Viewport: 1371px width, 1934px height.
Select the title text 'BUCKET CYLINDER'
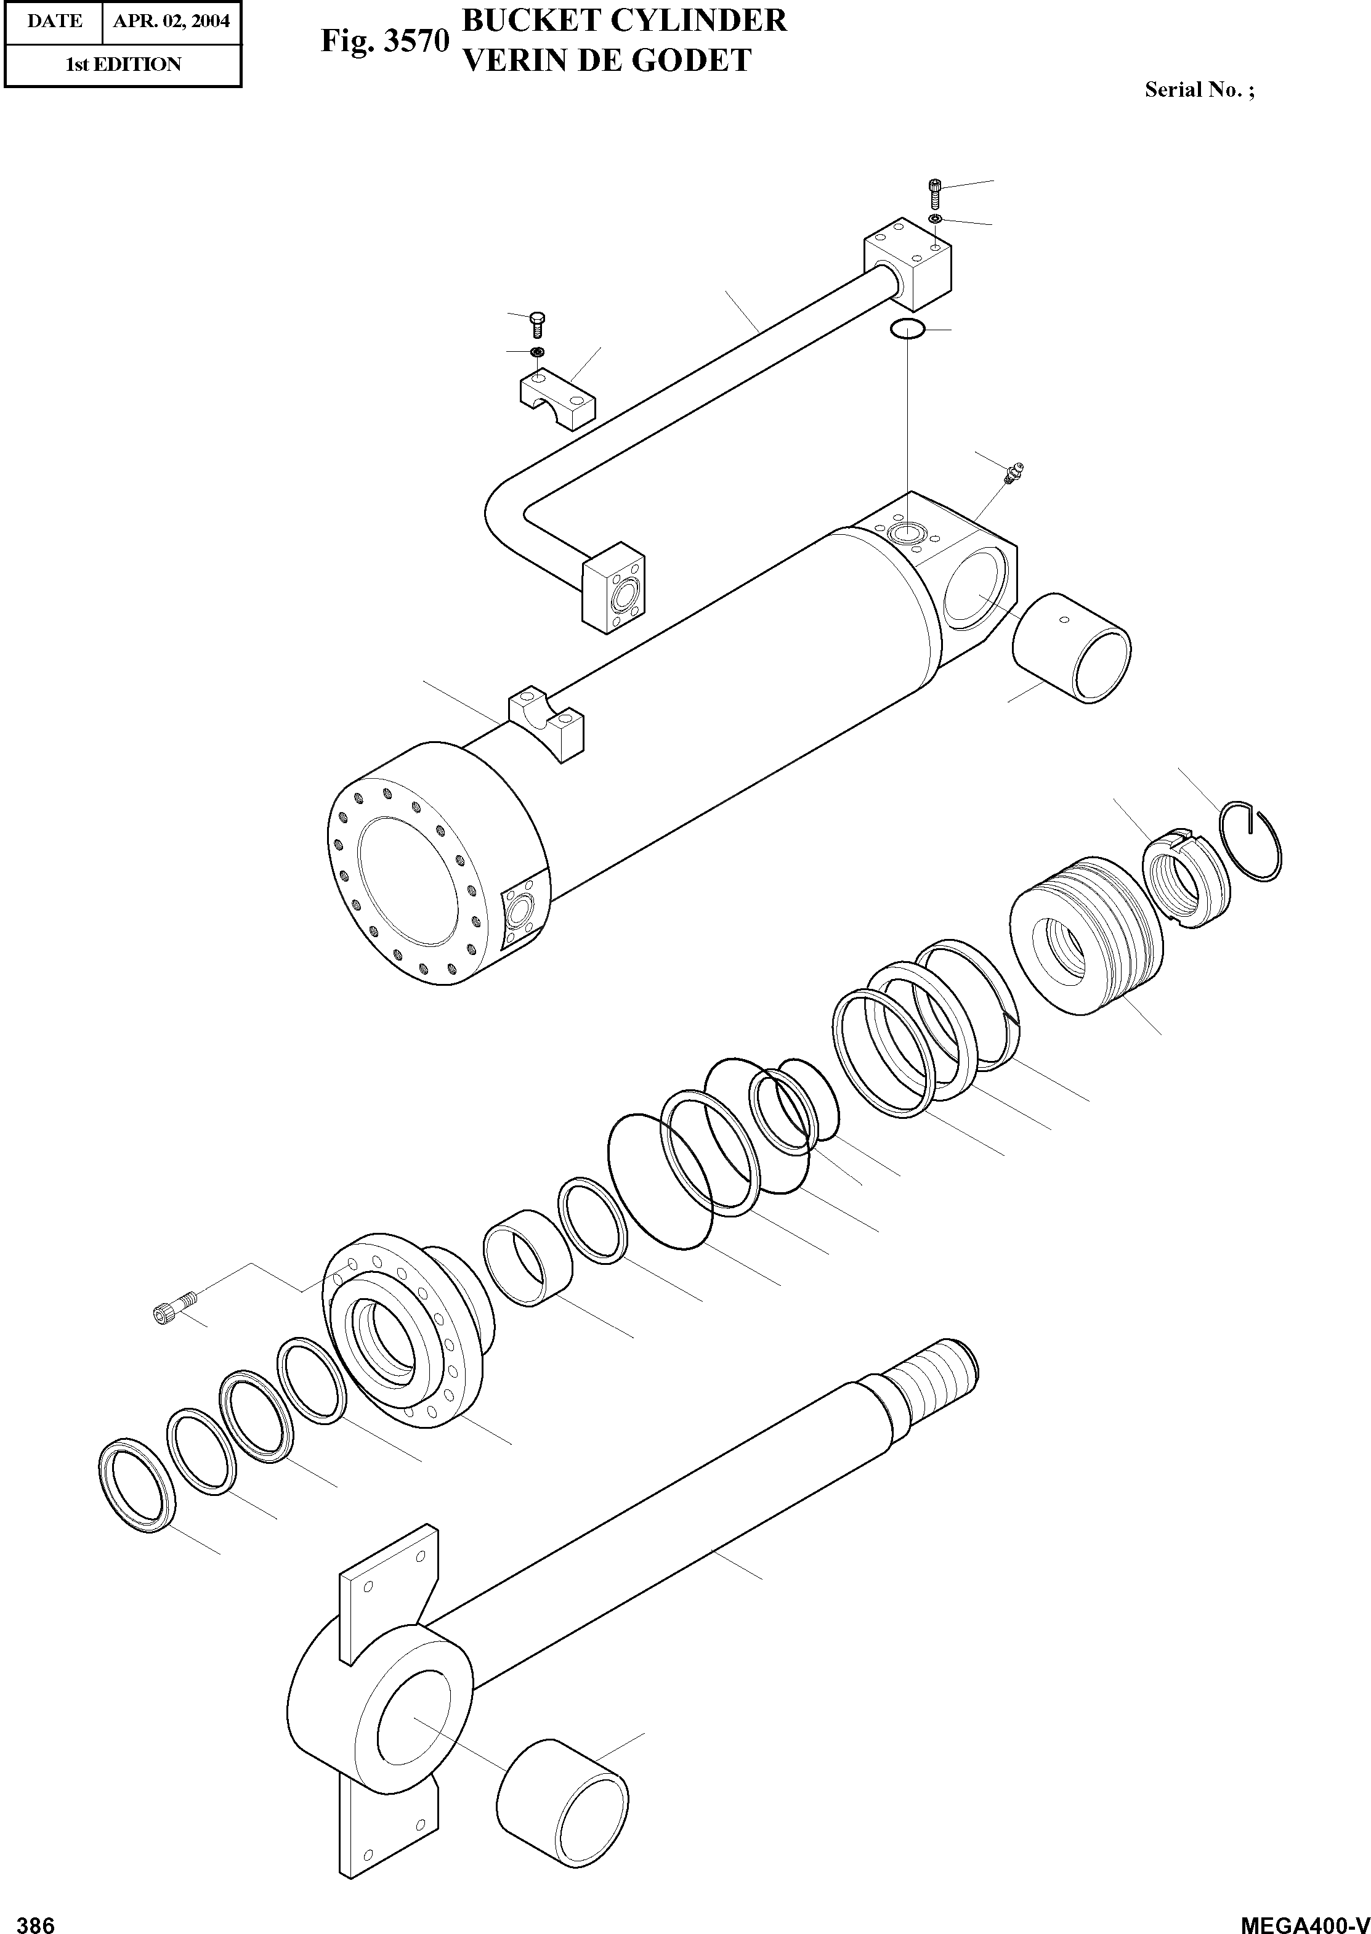(x=625, y=21)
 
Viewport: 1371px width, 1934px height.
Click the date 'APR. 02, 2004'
(x=171, y=21)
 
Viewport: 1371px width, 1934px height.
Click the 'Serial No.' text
(x=1199, y=91)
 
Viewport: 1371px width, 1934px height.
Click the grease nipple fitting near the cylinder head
(x=1013, y=474)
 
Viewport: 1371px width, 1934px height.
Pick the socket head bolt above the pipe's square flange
(x=934, y=194)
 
